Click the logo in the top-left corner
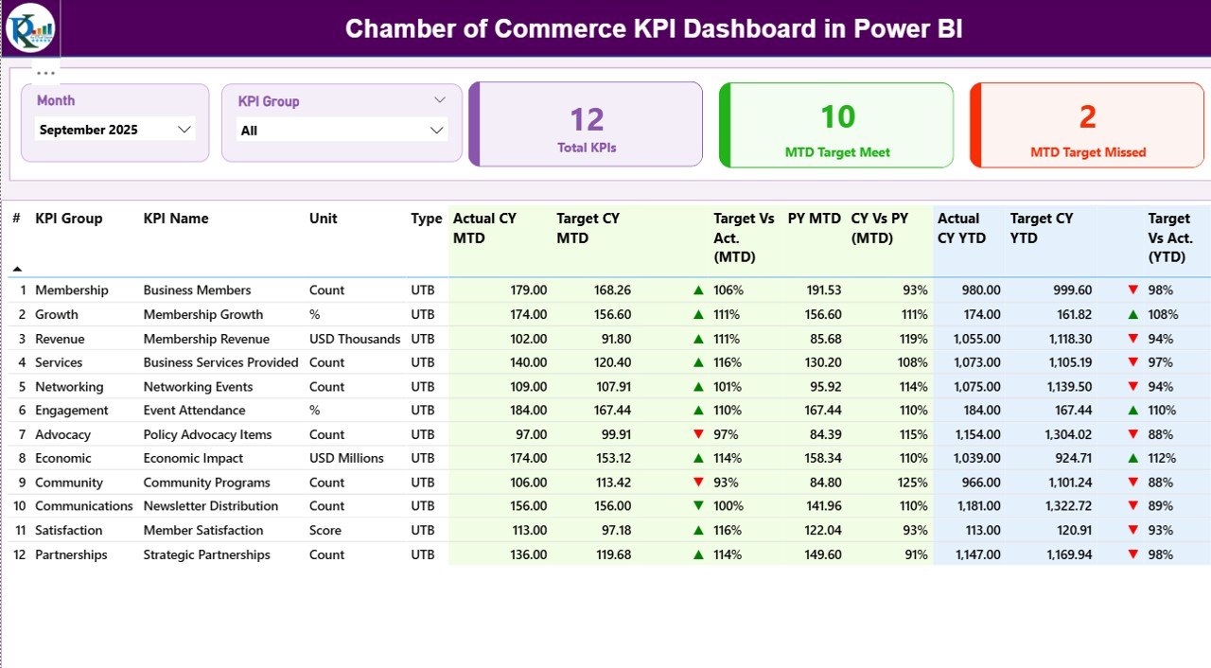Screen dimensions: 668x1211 [29, 28]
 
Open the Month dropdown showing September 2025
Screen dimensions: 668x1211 [184, 130]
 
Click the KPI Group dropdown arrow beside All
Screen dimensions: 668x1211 [436, 131]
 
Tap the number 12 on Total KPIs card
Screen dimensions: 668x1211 [587, 120]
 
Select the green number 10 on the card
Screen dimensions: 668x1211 [837, 117]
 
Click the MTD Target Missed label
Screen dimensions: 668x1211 [1088, 152]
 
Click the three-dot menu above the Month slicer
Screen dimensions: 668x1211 [45, 73]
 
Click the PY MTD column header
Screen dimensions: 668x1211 [814, 219]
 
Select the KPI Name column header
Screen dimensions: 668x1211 [176, 219]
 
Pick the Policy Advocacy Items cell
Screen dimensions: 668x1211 [207, 434]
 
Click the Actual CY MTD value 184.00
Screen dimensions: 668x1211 [525, 411]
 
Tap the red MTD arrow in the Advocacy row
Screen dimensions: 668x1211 [698, 434]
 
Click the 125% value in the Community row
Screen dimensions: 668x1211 [913, 483]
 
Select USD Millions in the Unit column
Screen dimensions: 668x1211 [346, 458]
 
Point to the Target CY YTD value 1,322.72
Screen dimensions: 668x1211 [1063, 506]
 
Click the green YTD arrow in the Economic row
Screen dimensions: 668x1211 [1132, 458]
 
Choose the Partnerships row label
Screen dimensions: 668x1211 [71, 554]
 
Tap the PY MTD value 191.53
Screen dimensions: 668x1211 [819, 290]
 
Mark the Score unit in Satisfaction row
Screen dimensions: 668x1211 [325, 531]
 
